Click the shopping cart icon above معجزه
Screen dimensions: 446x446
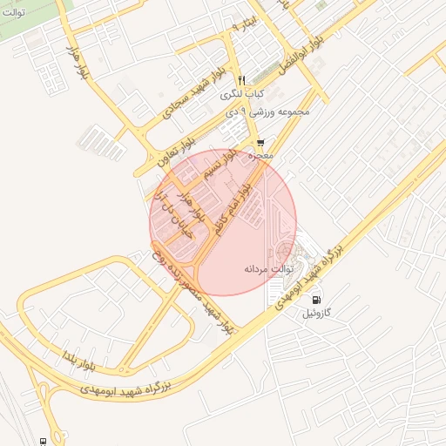260,143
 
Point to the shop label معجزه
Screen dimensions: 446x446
260,156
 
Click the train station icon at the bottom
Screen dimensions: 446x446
42,442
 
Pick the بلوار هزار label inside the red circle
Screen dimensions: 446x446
193,200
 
